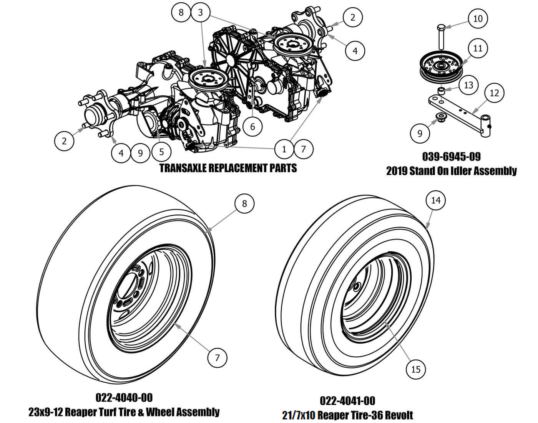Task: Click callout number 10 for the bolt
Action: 478,18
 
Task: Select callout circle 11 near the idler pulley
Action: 478,48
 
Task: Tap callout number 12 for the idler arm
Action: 494,93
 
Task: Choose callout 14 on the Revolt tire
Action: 436,200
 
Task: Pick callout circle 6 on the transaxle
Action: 252,126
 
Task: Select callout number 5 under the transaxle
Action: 161,152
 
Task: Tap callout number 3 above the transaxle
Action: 200,12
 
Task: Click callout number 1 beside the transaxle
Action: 284,149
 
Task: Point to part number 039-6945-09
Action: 451,157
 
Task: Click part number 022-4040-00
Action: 124,398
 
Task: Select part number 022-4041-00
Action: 347,401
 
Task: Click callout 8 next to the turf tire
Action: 244,203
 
